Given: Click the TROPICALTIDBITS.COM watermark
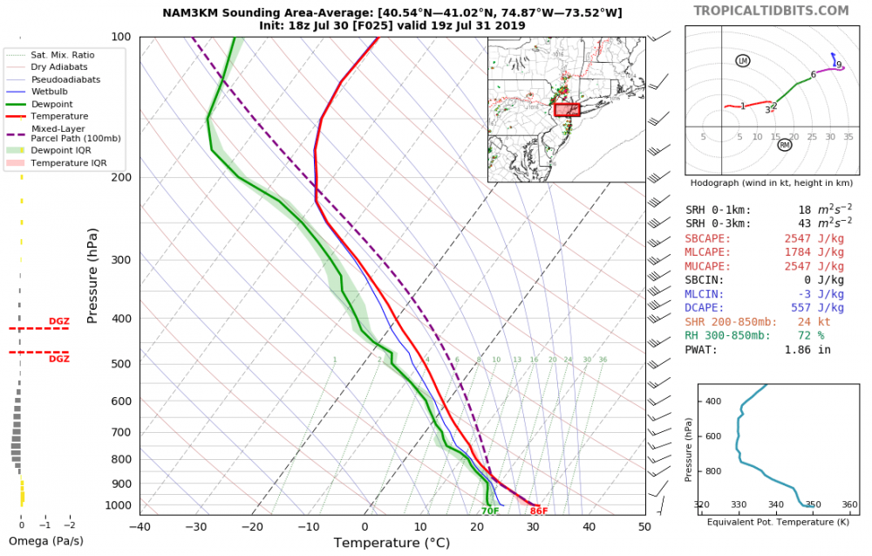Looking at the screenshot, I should click(770, 10).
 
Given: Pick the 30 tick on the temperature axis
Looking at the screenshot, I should click(532, 527).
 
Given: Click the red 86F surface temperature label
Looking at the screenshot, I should click(538, 511).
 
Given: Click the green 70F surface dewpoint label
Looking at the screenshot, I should click(490, 511).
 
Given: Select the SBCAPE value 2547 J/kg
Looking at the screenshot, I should click(814, 238).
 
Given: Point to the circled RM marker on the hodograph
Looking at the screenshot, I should click(784, 145).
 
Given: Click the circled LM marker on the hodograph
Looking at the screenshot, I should click(742, 60).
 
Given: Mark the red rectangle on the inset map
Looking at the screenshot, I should click(567, 110).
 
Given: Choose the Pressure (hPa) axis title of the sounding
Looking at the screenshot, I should click(92, 276).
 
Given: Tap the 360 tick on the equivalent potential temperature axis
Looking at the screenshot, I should click(849, 505).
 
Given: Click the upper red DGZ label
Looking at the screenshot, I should click(58, 321).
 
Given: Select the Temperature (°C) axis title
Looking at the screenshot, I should click(392, 543).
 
